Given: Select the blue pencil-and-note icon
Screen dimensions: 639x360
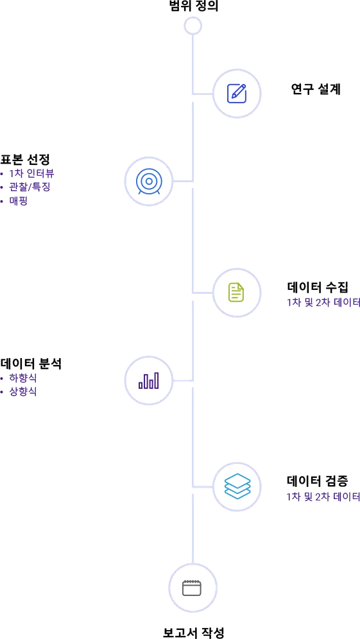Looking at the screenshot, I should (236, 94).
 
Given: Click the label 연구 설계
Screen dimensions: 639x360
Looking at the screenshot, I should (316, 89).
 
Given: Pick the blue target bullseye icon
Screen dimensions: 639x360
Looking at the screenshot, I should (149, 181).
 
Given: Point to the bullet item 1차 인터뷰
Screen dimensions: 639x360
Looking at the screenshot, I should (32, 173).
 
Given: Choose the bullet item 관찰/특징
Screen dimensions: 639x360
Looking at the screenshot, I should (30, 187).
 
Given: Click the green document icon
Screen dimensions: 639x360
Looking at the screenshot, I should (236, 292).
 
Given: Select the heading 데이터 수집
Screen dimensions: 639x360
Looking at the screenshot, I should (318, 287).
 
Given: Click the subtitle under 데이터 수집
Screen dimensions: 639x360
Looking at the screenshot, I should (323, 302).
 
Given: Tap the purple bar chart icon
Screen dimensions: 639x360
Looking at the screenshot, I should (149, 380).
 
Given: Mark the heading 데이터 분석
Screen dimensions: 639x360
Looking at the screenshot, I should (31, 362).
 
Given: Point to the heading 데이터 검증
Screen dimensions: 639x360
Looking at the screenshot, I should (318, 481).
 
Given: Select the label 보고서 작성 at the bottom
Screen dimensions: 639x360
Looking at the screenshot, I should (193, 632).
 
